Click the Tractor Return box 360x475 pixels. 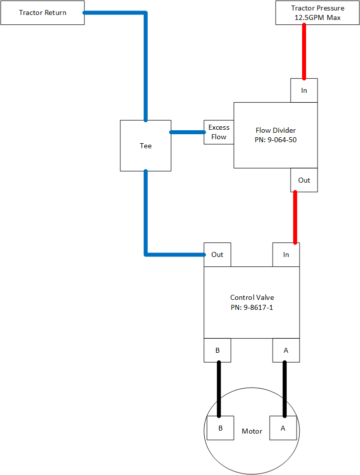click(x=42, y=12)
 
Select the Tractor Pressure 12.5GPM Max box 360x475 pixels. click(x=318, y=12)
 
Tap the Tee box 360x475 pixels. click(x=145, y=146)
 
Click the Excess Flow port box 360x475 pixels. click(x=219, y=132)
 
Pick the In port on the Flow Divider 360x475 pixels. click(x=304, y=90)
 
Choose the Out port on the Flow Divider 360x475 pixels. click(x=304, y=180)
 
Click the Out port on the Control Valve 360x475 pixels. click(x=217, y=254)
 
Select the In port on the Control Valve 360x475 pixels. click(x=286, y=254)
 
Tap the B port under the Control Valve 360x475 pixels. click(x=217, y=350)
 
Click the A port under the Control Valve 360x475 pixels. click(x=286, y=350)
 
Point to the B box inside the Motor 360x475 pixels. click(x=220, y=428)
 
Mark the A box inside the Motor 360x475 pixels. click(x=284, y=428)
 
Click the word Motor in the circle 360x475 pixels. click(x=252, y=431)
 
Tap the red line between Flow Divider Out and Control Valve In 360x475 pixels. click(x=295, y=218)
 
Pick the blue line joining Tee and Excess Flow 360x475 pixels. click(x=187, y=132)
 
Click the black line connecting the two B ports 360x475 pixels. click(x=218, y=389)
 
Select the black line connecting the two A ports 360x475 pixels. click(x=285, y=389)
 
